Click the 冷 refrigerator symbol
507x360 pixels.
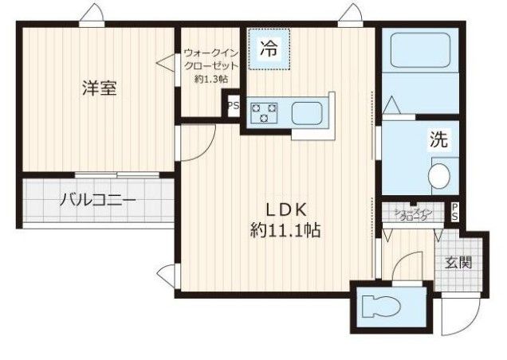point(269,47)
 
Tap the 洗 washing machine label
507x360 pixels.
point(438,140)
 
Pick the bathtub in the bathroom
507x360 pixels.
point(419,51)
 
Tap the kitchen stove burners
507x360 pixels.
point(263,112)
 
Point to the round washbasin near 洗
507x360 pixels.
point(438,174)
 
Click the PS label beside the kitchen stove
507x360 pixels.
point(234,106)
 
